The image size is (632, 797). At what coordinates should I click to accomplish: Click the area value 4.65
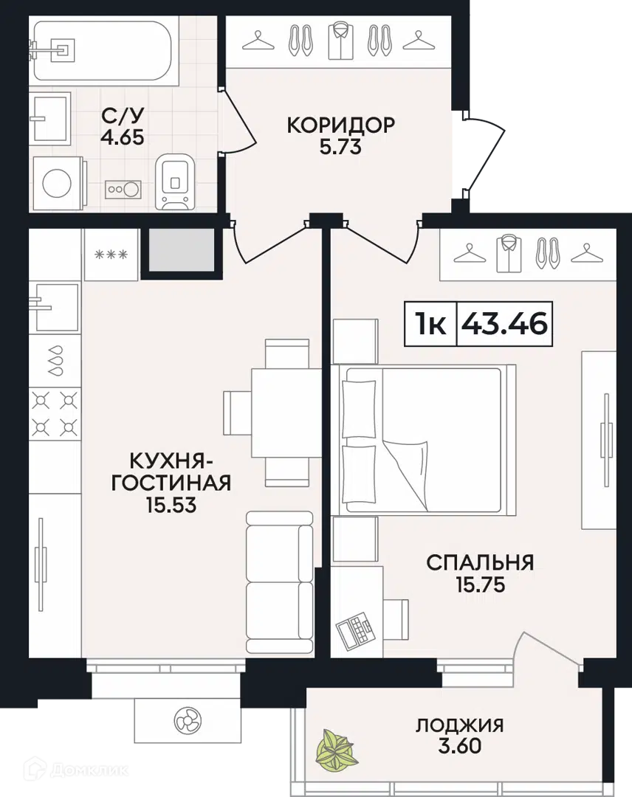(122, 137)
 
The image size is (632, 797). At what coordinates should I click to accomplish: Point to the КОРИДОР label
(340, 125)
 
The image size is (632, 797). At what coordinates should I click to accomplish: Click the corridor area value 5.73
(340, 147)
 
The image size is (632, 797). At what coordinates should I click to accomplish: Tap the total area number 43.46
(504, 324)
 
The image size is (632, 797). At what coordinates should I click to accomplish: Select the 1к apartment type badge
(430, 324)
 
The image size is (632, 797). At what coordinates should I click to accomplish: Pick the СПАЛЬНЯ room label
(479, 563)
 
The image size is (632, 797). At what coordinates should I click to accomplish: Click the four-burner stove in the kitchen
(54, 413)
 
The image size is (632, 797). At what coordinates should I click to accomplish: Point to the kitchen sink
(54, 306)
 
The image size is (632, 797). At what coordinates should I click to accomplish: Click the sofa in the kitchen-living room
(279, 583)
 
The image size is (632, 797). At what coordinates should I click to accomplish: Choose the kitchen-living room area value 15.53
(171, 506)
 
